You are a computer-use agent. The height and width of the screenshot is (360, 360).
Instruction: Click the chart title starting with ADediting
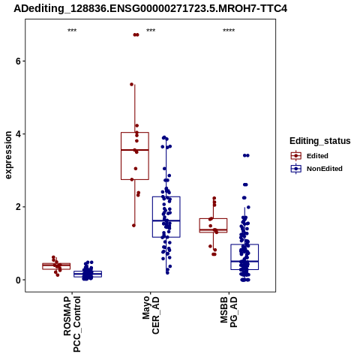pyautogui.click(x=150, y=9)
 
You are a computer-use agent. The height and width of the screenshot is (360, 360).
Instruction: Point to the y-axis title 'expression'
pyautogui.click(x=8, y=155)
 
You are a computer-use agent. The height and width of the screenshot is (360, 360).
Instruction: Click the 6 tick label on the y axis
pyautogui.click(x=18, y=61)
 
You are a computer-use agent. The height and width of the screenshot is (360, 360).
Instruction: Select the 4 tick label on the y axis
pyautogui.click(x=18, y=134)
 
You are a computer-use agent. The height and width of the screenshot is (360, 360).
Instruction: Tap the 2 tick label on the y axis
pyautogui.click(x=18, y=207)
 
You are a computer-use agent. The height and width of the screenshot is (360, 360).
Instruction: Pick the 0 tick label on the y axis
pyautogui.click(x=18, y=280)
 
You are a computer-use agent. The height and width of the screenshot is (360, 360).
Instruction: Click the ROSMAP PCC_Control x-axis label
pyautogui.click(x=72, y=324)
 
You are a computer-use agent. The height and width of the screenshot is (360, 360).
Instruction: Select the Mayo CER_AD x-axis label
pyautogui.click(x=151, y=315)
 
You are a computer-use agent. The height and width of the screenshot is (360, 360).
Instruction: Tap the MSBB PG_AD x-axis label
pyautogui.click(x=229, y=312)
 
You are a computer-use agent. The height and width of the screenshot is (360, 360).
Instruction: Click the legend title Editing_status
pyautogui.click(x=320, y=141)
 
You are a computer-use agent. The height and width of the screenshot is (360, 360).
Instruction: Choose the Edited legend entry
pyautogui.click(x=310, y=156)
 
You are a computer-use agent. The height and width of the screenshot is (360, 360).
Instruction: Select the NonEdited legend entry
pyautogui.click(x=316, y=169)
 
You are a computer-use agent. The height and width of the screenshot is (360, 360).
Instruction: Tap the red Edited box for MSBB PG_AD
pyautogui.click(x=213, y=219)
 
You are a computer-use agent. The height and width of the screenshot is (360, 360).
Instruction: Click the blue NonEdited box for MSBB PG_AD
pyautogui.click(x=244, y=244)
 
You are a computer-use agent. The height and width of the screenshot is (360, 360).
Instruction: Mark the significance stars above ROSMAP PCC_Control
pyautogui.click(x=72, y=31)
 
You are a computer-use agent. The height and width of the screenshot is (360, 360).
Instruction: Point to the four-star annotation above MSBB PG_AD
pyautogui.click(x=229, y=31)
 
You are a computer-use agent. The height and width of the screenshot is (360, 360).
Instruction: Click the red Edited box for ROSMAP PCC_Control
pyautogui.click(x=56, y=263)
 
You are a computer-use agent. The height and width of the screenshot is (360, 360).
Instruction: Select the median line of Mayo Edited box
pyautogui.click(x=135, y=150)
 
